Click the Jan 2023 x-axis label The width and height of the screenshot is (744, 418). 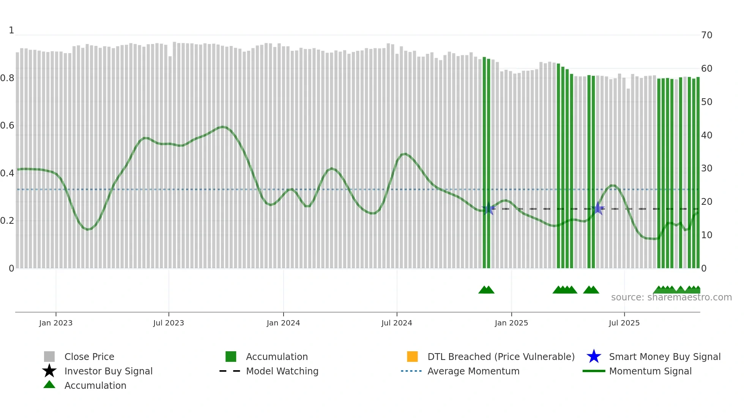pyautogui.click(x=56, y=323)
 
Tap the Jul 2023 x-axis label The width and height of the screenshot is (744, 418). pyautogui.click(x=169, y=323)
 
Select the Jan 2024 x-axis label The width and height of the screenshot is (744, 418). pyautogui.click(x=283, y=323)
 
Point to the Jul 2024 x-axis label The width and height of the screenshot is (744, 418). pyautogui.click(x=397, y=323)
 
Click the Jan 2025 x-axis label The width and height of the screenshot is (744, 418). pyautogui.click(x=511, y=323)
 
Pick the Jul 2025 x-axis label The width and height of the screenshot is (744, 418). pyautogui.click(x=624, y=323)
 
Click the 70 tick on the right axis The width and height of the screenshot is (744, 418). pyautogui.click(x=707, y=35)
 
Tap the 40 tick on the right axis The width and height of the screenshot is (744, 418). pyautogui.click(x=707, y=135)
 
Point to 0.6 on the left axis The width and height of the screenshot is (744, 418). pyautogui.click(x=8, y=126)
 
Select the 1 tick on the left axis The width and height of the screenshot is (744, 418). pyautogui.click(x=11, y=30)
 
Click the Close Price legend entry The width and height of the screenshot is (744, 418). pyautogui.click(x=89, y=357)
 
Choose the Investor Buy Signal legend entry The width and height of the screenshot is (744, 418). pyautogui.click(x=108, y=371)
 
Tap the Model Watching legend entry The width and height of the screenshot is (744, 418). pyautogui.click(x=282, y=371)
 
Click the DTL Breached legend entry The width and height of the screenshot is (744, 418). pyautogui.click(x=501, y=357)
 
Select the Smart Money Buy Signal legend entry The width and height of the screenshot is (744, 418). pyautogui.click(x=665, y=357)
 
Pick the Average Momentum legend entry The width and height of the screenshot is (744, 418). pyautogui.click(x=473, y=371)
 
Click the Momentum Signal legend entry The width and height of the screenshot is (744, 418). pyautogui.click(x=650, y=371)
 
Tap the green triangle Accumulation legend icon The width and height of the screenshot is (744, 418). pyautogui.click(x=49, y=385)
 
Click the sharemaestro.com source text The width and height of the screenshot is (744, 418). pyautogui.click(x=671, y=297)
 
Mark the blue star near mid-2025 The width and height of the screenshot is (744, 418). pyautogui.click(x=598, y=208)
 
